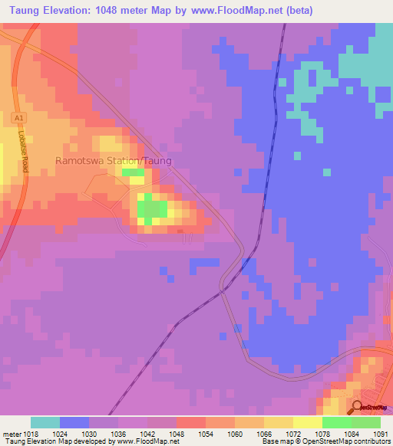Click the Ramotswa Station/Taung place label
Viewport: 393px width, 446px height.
(x=113, y=162)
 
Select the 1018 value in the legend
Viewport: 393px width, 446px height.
(x=31, y=434)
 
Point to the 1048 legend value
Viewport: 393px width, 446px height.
(x=177, y=434)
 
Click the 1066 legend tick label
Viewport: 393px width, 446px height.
(x=264, y=434)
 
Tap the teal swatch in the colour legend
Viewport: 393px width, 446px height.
(x=45, y=422)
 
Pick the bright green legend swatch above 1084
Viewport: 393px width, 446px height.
(x=337, y=422)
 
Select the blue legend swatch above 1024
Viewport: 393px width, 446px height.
(x=74, y=422)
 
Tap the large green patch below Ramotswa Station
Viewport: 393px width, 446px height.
(x=153, y=208)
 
